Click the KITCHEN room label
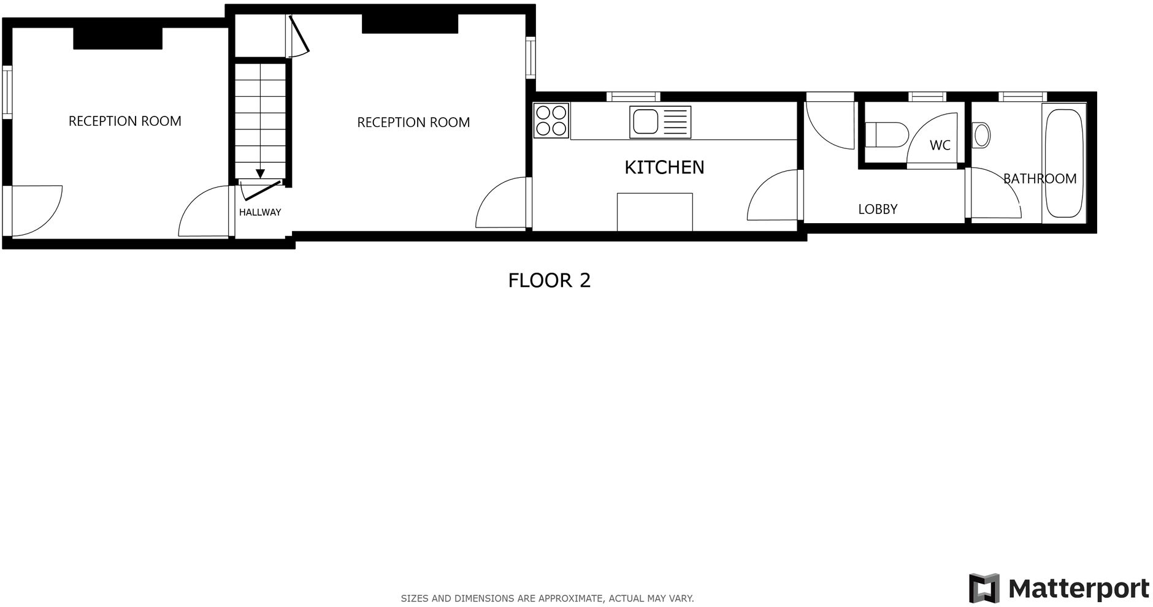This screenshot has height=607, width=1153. (664, 167)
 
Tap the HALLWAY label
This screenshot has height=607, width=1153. (260, 212)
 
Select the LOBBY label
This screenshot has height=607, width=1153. (878, 209)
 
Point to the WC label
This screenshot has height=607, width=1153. (940, 145)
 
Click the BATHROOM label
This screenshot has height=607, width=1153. (1040, 178)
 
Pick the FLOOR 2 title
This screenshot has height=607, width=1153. (549, 280)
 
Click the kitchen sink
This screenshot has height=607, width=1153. (660, 122)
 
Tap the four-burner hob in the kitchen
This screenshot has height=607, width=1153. (551, 120)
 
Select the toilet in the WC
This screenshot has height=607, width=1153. (886, 134)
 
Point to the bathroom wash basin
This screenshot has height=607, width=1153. (981, 136)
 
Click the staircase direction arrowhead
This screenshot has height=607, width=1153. (261, 174)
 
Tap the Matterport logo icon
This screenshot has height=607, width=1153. (984, 588)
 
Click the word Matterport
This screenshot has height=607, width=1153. (1079, 589)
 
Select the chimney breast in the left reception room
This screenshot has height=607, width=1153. (118, 38)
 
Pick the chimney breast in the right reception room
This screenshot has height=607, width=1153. (410, 24)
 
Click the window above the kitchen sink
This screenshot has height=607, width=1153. (634, 96)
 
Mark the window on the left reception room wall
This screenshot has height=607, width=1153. (7, 92)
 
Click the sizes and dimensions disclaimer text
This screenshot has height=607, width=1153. (547, 598)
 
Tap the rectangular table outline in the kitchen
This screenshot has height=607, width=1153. (654, 212)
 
